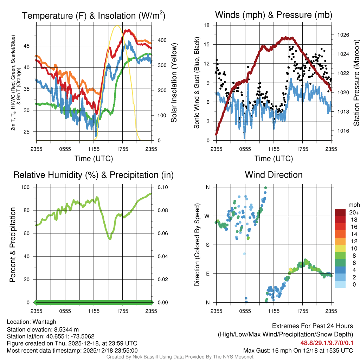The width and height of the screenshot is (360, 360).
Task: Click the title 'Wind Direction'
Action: tap(274, 175)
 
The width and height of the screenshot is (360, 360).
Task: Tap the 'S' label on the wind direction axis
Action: tap(208, 245)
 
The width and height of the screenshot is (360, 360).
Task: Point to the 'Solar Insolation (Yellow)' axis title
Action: tap(173, 83)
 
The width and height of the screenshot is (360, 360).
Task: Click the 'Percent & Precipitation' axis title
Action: tap(12, 245)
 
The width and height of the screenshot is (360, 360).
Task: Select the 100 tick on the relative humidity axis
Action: tap(28, 187)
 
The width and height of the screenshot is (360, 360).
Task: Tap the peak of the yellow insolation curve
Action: tap(117, 26)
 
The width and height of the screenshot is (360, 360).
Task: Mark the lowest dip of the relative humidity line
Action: tap(110, 239)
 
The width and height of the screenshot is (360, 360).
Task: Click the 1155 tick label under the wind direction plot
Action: tap(274, 311)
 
